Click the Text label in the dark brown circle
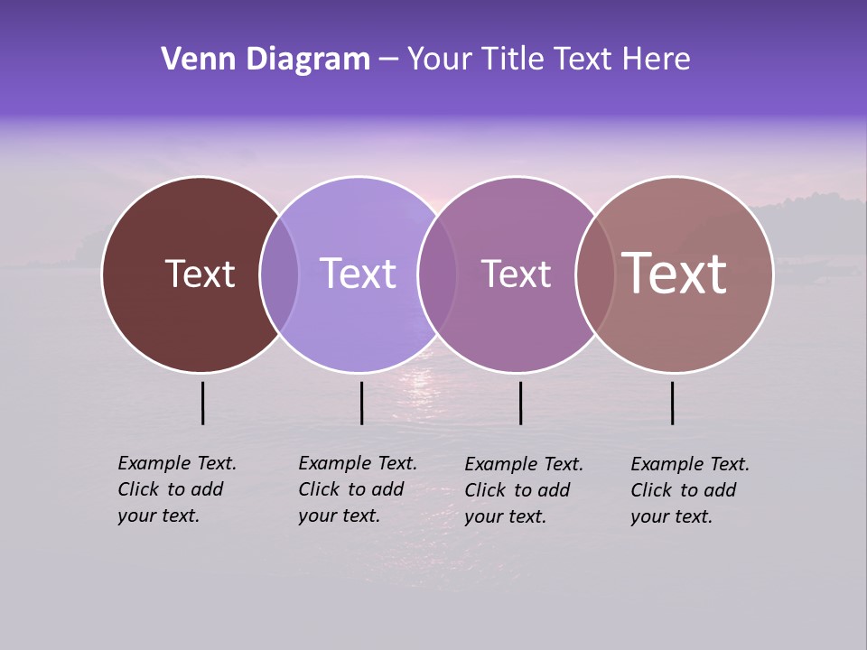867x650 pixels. point(200,274)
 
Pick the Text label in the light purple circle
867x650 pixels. point(358,274)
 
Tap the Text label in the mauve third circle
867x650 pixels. point(516,274)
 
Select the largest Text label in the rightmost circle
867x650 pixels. point(675,273)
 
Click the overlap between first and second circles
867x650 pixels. point(279,274)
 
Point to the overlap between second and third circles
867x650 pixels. point(437,274)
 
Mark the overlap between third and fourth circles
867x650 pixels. point(594,274)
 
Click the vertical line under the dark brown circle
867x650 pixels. point(202,403)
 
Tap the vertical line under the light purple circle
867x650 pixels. point(361,403)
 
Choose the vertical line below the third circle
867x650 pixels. point(520,403)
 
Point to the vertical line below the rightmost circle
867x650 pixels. point(672,403)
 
